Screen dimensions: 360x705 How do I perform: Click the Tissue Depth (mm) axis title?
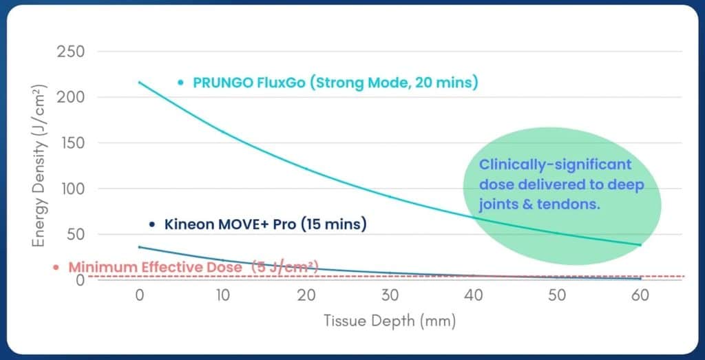pos(390,321)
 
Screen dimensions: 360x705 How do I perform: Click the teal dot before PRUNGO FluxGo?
pos(180,83)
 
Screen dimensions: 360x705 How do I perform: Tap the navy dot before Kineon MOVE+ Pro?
pos(152,224)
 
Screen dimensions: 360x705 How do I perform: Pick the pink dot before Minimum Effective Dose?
pos(56,267)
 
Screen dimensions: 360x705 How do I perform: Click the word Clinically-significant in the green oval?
pos(555,165)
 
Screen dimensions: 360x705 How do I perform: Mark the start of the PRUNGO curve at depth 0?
pos(139,82)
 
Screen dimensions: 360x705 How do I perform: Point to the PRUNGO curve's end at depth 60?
pos(640,245)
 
